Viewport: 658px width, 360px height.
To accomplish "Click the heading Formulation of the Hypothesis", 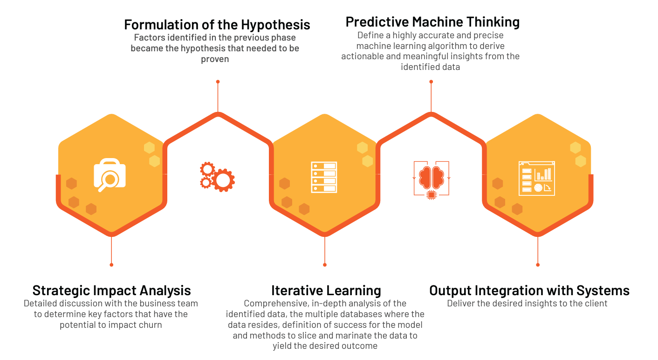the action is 217,25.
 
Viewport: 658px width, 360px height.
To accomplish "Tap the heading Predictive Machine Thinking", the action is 432,22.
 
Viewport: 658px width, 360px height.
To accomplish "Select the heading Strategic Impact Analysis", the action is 112,291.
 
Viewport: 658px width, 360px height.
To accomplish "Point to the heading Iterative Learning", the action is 326,291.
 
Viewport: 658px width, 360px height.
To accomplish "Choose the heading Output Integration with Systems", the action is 529,291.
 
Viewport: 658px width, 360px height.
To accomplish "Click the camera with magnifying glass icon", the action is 110,175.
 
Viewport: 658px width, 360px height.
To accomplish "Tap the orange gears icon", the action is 217,177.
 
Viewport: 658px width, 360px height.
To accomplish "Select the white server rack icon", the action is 324,177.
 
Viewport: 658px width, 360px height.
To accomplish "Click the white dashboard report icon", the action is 537,179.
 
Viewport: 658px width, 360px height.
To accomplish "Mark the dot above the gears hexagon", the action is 218,82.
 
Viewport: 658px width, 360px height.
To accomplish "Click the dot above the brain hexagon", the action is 431,82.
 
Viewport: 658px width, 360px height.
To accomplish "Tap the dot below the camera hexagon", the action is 111,265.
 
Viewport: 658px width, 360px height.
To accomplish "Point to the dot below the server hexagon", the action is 325,265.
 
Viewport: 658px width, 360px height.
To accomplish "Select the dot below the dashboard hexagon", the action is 538,265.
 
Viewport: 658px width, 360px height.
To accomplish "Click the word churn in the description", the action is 149,325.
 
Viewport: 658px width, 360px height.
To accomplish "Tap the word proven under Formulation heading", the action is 215,59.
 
